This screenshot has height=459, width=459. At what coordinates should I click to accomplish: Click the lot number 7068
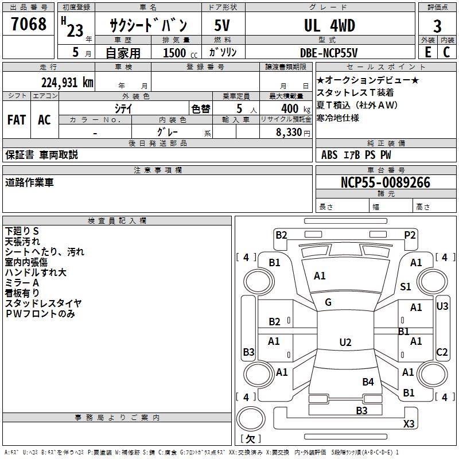point(29,25)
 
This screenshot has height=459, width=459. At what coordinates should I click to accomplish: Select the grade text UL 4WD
point(329,26)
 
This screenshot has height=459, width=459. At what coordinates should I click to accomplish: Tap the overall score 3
point(437,26)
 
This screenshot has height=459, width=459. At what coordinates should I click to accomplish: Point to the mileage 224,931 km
point(67,82)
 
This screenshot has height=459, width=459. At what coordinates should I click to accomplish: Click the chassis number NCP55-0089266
point(386,182)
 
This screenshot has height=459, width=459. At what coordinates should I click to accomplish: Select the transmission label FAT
point(16,120)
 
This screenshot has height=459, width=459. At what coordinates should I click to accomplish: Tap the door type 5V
point(223,26)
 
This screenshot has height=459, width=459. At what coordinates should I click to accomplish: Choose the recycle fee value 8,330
point(290,132)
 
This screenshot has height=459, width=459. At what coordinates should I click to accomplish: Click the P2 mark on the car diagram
point(410,235)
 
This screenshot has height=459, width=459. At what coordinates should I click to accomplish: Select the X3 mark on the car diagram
point(409,424)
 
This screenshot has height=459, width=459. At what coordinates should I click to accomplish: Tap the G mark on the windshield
point(328,302)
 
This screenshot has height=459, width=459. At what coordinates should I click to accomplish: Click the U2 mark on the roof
point(345,343)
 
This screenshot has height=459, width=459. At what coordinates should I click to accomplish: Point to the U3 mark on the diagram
point(442,306)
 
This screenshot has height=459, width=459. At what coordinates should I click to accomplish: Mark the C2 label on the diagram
point(442,352)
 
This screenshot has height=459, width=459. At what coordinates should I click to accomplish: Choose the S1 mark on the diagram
point(406,287)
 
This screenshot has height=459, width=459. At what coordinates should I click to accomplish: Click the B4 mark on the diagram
point(368,382)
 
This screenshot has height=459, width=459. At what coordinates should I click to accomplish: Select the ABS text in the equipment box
point(329,155)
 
